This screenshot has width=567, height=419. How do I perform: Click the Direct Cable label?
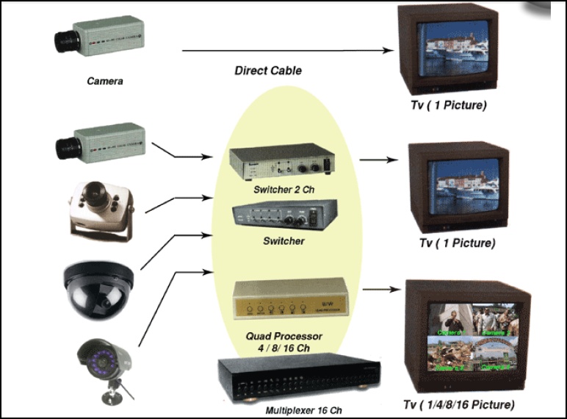[x=267, y=71]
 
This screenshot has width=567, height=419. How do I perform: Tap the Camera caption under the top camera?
[x=104, y=81]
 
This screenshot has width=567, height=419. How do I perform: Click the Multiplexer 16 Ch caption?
[x=304, y=409]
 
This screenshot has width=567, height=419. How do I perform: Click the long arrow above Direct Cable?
[x=286, y=51]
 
